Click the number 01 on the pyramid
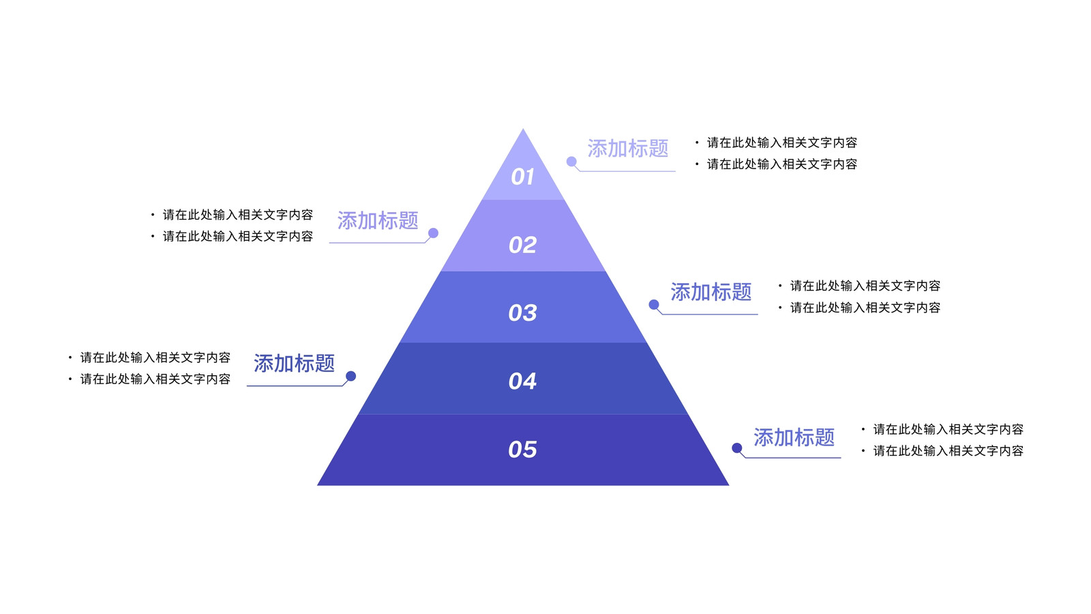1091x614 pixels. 522,177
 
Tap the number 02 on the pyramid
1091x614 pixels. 522,245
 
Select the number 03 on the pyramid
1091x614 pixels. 522,313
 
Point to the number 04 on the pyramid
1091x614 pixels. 522,381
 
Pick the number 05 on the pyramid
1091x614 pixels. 522,450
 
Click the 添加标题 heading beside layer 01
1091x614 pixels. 628,148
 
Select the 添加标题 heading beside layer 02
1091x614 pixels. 378,220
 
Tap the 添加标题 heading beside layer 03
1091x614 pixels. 711,291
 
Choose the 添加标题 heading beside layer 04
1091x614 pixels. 294,363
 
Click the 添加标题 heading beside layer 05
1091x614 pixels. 794,437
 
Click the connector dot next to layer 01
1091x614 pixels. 572,161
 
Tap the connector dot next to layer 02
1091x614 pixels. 433,233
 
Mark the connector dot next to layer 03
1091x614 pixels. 654,304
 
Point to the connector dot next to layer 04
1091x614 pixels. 350,376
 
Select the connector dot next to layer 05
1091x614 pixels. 737,448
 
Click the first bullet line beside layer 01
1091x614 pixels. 777,143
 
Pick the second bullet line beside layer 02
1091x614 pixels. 232,236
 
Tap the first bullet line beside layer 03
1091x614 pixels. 860,286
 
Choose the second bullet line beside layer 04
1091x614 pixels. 149,379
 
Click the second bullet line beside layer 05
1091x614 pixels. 942,451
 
